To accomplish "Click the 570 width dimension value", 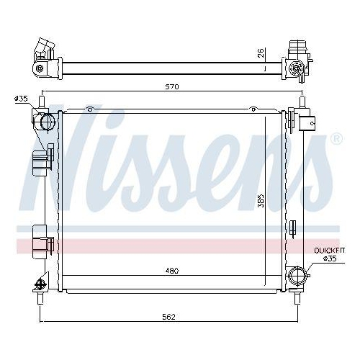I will tap(171, 86).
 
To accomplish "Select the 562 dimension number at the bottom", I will tap(168, 317).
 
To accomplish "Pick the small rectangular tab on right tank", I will tap(292, 230).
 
